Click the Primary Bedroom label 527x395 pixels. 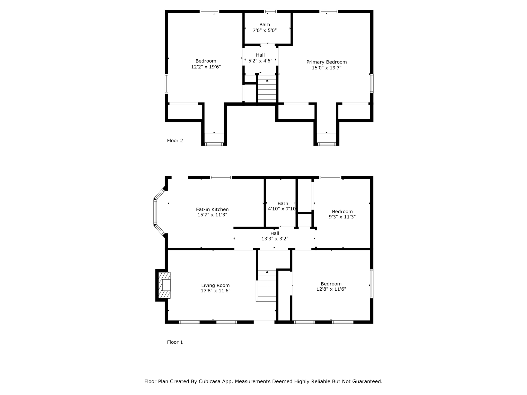pyautogui.click(x=327, y=62)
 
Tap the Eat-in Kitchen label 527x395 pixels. pyautogui.click(x=212, y=210)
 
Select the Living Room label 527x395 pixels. pyautogui.click(x=215, y=285)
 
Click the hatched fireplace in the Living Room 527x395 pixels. pyautogui.click(x=164, y=285)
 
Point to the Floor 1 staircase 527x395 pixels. pyautogui.click(x=267, y=286)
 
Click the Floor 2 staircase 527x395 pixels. pyautogui.click(x=267, y=89)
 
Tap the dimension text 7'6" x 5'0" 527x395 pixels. pyautogui.click(x=265, y=30)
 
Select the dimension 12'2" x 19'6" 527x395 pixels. pyautogui.click(x=206, y=67)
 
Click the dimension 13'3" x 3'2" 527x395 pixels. pyautogui.click(x=275, y=239)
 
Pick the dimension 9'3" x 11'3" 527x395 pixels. pyautogui.click(x=342, y=217)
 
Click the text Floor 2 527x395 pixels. pyautogui.click(x=175, y=141)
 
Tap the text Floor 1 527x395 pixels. pyautogui.click(x=175, y=342)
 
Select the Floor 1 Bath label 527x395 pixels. pyautogui.click(x=283, y=203)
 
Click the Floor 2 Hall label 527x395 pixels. pyautogui.click(x=260, y=55)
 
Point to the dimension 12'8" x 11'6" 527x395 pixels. pyautogui.click(x=331, y=289)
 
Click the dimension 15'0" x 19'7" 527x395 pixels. pyautogui.click(x=327, y=68)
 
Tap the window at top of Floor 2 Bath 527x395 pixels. pyautogui.click(x=270, y=12)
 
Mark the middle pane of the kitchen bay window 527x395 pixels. pyautogui.click(x=155, y=212)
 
